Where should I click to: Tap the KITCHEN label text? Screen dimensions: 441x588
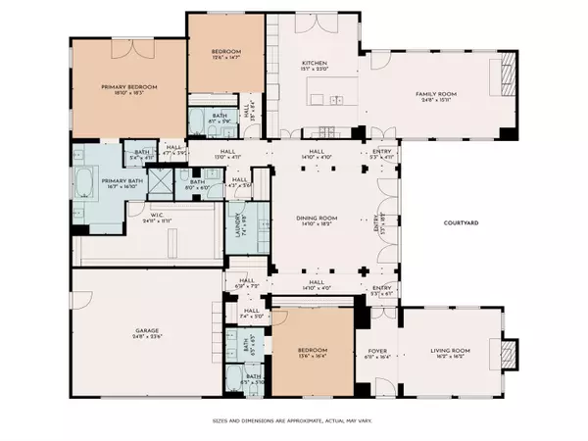click(x=314, y=64)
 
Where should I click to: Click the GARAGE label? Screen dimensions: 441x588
click(x=148, y=330)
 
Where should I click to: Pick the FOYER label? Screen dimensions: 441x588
click(x=377, y=350)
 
